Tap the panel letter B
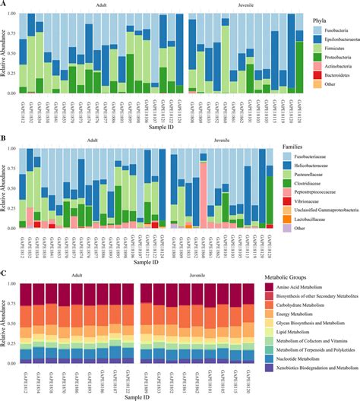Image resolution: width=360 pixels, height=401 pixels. (4, 138)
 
